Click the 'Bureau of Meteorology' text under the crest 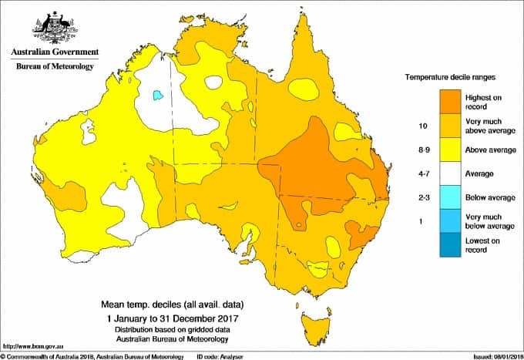click(x=54, y=67)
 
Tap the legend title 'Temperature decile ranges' click(x=451, y=78)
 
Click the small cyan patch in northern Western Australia click(x=157, y=95)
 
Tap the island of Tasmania click(x=316, y=322)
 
